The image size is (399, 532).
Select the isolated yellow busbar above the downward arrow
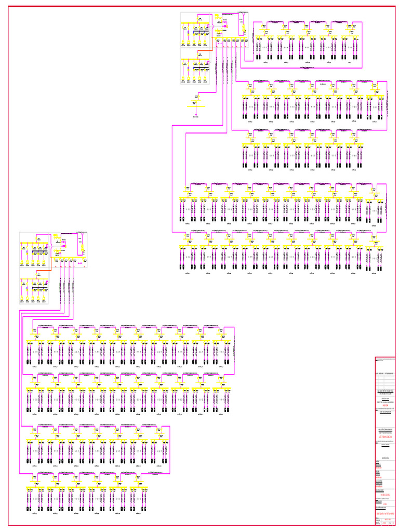click(x=196, y=105)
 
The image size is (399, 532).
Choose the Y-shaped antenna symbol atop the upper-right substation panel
click(x=242, y=20)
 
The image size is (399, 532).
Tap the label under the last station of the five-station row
click(x=350, y=62)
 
